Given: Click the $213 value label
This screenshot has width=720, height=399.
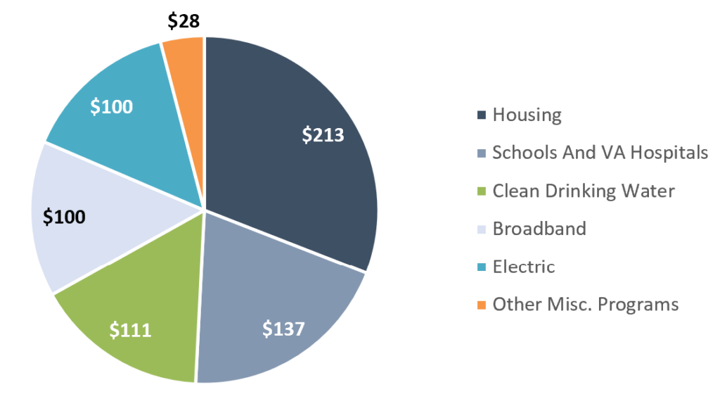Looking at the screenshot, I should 323,134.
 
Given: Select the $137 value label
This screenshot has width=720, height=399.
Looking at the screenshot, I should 283,328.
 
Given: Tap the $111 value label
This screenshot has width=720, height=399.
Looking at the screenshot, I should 130,329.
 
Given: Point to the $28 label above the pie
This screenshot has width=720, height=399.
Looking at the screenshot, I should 184,21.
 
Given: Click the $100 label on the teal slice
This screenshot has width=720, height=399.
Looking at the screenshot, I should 112,107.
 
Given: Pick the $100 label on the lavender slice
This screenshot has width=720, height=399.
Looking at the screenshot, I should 64,216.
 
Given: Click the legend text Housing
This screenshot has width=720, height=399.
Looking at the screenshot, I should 527,115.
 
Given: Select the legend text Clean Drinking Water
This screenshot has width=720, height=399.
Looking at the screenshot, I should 584,191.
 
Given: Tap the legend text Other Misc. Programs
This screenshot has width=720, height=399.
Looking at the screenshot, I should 585,304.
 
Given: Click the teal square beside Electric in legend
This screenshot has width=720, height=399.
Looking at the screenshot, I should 482,267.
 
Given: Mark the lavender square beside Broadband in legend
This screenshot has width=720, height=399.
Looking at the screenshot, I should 482,229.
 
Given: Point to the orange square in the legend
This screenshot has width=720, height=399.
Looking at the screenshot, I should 482,305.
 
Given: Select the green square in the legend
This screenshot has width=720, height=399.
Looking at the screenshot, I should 482,191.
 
